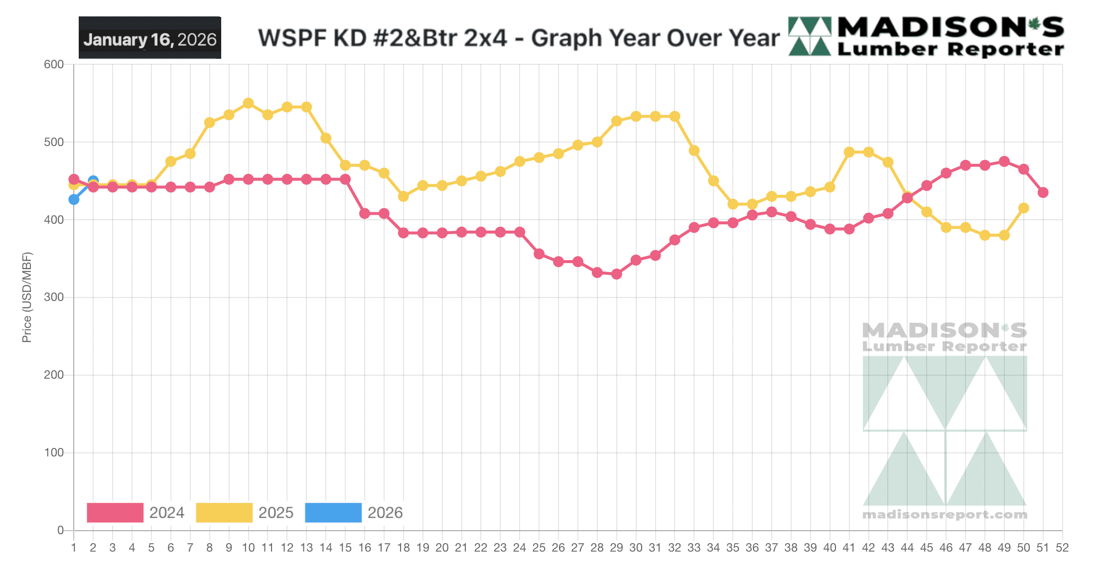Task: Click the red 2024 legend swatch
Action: (x=115, y=512)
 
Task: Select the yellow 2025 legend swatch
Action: (x=224, y=512)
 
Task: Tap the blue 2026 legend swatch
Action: (x=333, y=512)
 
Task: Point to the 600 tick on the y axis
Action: (x=54, y=64)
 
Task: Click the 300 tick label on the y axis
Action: (x=54, y=297)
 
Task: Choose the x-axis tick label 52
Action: (x=1062, y=548)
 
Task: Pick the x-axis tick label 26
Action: (x=558, y=548)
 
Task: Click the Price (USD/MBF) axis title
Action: (x=27, y=297)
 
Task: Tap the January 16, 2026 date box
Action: (x=149, y=38)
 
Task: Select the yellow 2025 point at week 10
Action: (x=248, y=103)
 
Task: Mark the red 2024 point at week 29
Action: (x=616, y=274)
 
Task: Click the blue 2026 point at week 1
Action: (x=74, y=199)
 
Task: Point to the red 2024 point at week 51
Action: (x=1043, y=192)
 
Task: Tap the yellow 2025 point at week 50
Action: (x=1023, y=208)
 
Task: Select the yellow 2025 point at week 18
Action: (x=403, y=196)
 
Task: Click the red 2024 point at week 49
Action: (x=1004, y=161)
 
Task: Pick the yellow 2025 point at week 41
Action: (x=849, y=152)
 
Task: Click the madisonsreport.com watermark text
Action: (x=945, y=514)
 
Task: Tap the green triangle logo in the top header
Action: (x=810, y=36)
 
